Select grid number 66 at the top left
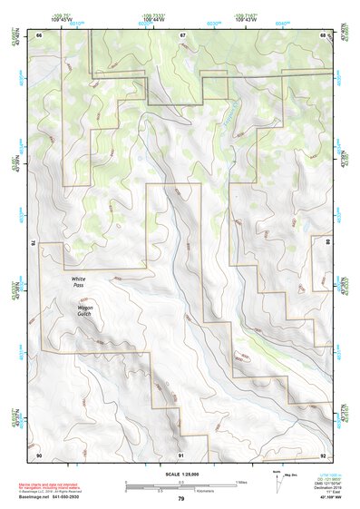tap(40, 34)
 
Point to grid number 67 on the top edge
tap(182, 34)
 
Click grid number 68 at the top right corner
tap(323, 34)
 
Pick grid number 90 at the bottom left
tap(40, 455)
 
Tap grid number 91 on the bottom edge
tap(181, 455)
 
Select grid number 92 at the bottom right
tap(323, 455)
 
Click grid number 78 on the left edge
tap(33, 242)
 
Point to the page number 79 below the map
tap(181, 498)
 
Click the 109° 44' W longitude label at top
tap(158, 20)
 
